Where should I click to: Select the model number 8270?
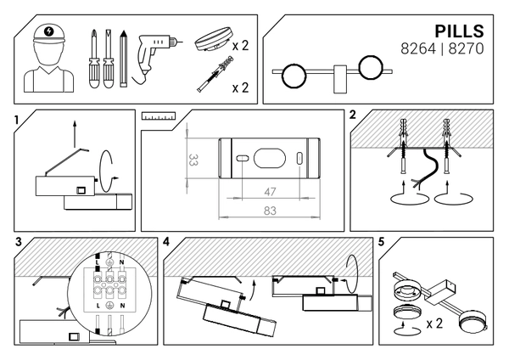466,50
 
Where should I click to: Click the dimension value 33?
193,158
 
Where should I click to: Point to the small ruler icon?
158,115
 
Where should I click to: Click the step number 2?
352,115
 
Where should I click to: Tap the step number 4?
166,241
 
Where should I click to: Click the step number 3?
19,241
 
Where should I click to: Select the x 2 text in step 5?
434,323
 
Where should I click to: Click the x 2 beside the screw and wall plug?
239,87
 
